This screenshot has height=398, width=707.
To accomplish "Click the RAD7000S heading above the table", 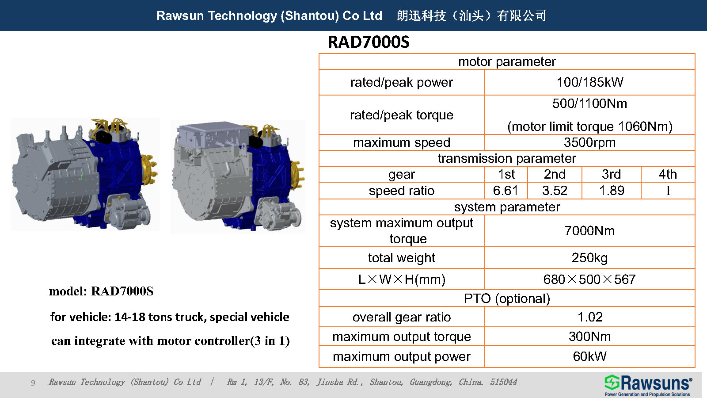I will (x=369, y=42).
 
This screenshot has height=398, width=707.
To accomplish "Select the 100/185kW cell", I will (x=589, y=82).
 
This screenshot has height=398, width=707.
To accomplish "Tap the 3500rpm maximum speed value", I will (x=589, y=142).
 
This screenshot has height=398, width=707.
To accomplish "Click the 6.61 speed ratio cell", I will (x=506, y=191).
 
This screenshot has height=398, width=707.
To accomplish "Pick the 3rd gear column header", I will (x=611, y=174).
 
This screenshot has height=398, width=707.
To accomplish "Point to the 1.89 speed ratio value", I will (x=612, y=191).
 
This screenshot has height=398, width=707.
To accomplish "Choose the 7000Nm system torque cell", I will (x=589, y=231).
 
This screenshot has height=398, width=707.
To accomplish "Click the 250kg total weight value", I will (x=589, y=258).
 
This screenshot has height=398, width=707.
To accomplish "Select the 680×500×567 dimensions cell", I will (x=589, y=279).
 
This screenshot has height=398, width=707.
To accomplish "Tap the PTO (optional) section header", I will (x=507, y=298).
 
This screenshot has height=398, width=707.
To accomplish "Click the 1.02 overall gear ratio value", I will (x=589, y=317).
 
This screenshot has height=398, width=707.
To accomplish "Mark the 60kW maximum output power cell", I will (x=589, y=356).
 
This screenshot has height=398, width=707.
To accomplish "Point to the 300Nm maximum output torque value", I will (x=589, y=337).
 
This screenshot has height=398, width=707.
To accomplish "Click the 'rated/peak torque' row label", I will (x=401, y=115).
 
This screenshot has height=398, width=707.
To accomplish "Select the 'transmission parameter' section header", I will (x=507, y=158).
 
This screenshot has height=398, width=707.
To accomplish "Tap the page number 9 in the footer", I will (x=33, y=383).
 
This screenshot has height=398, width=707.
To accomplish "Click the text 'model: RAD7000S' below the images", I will (x=101, y=291).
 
